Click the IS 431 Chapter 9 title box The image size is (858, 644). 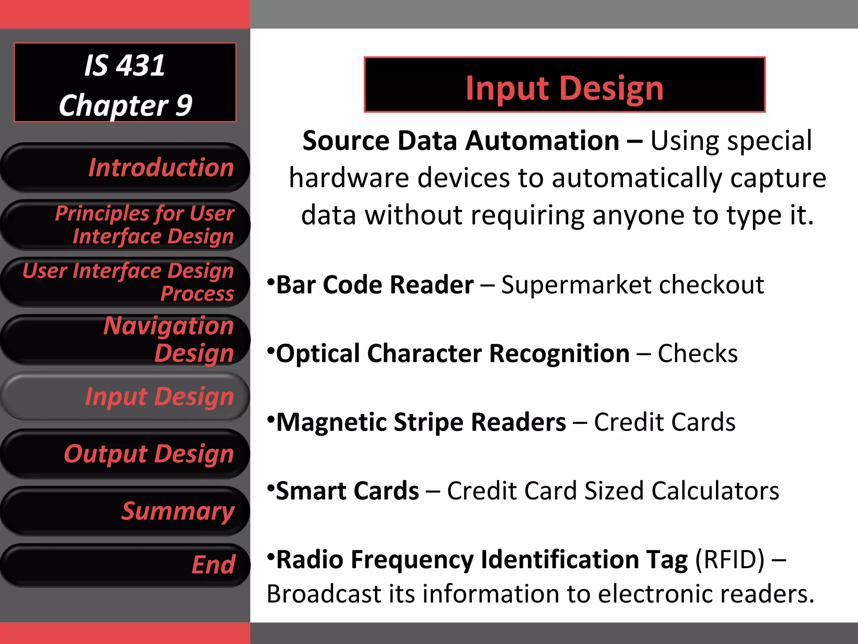(125, 83)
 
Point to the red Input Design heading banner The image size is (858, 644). (564, 85)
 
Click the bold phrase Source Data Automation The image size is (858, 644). (461, 141)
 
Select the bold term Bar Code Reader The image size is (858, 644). (375, 285)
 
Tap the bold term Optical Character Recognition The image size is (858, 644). (452, 354)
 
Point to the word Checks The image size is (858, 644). (698, 354)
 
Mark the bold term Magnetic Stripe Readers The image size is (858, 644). (421, 422)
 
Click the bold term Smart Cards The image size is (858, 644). (347, 491)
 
